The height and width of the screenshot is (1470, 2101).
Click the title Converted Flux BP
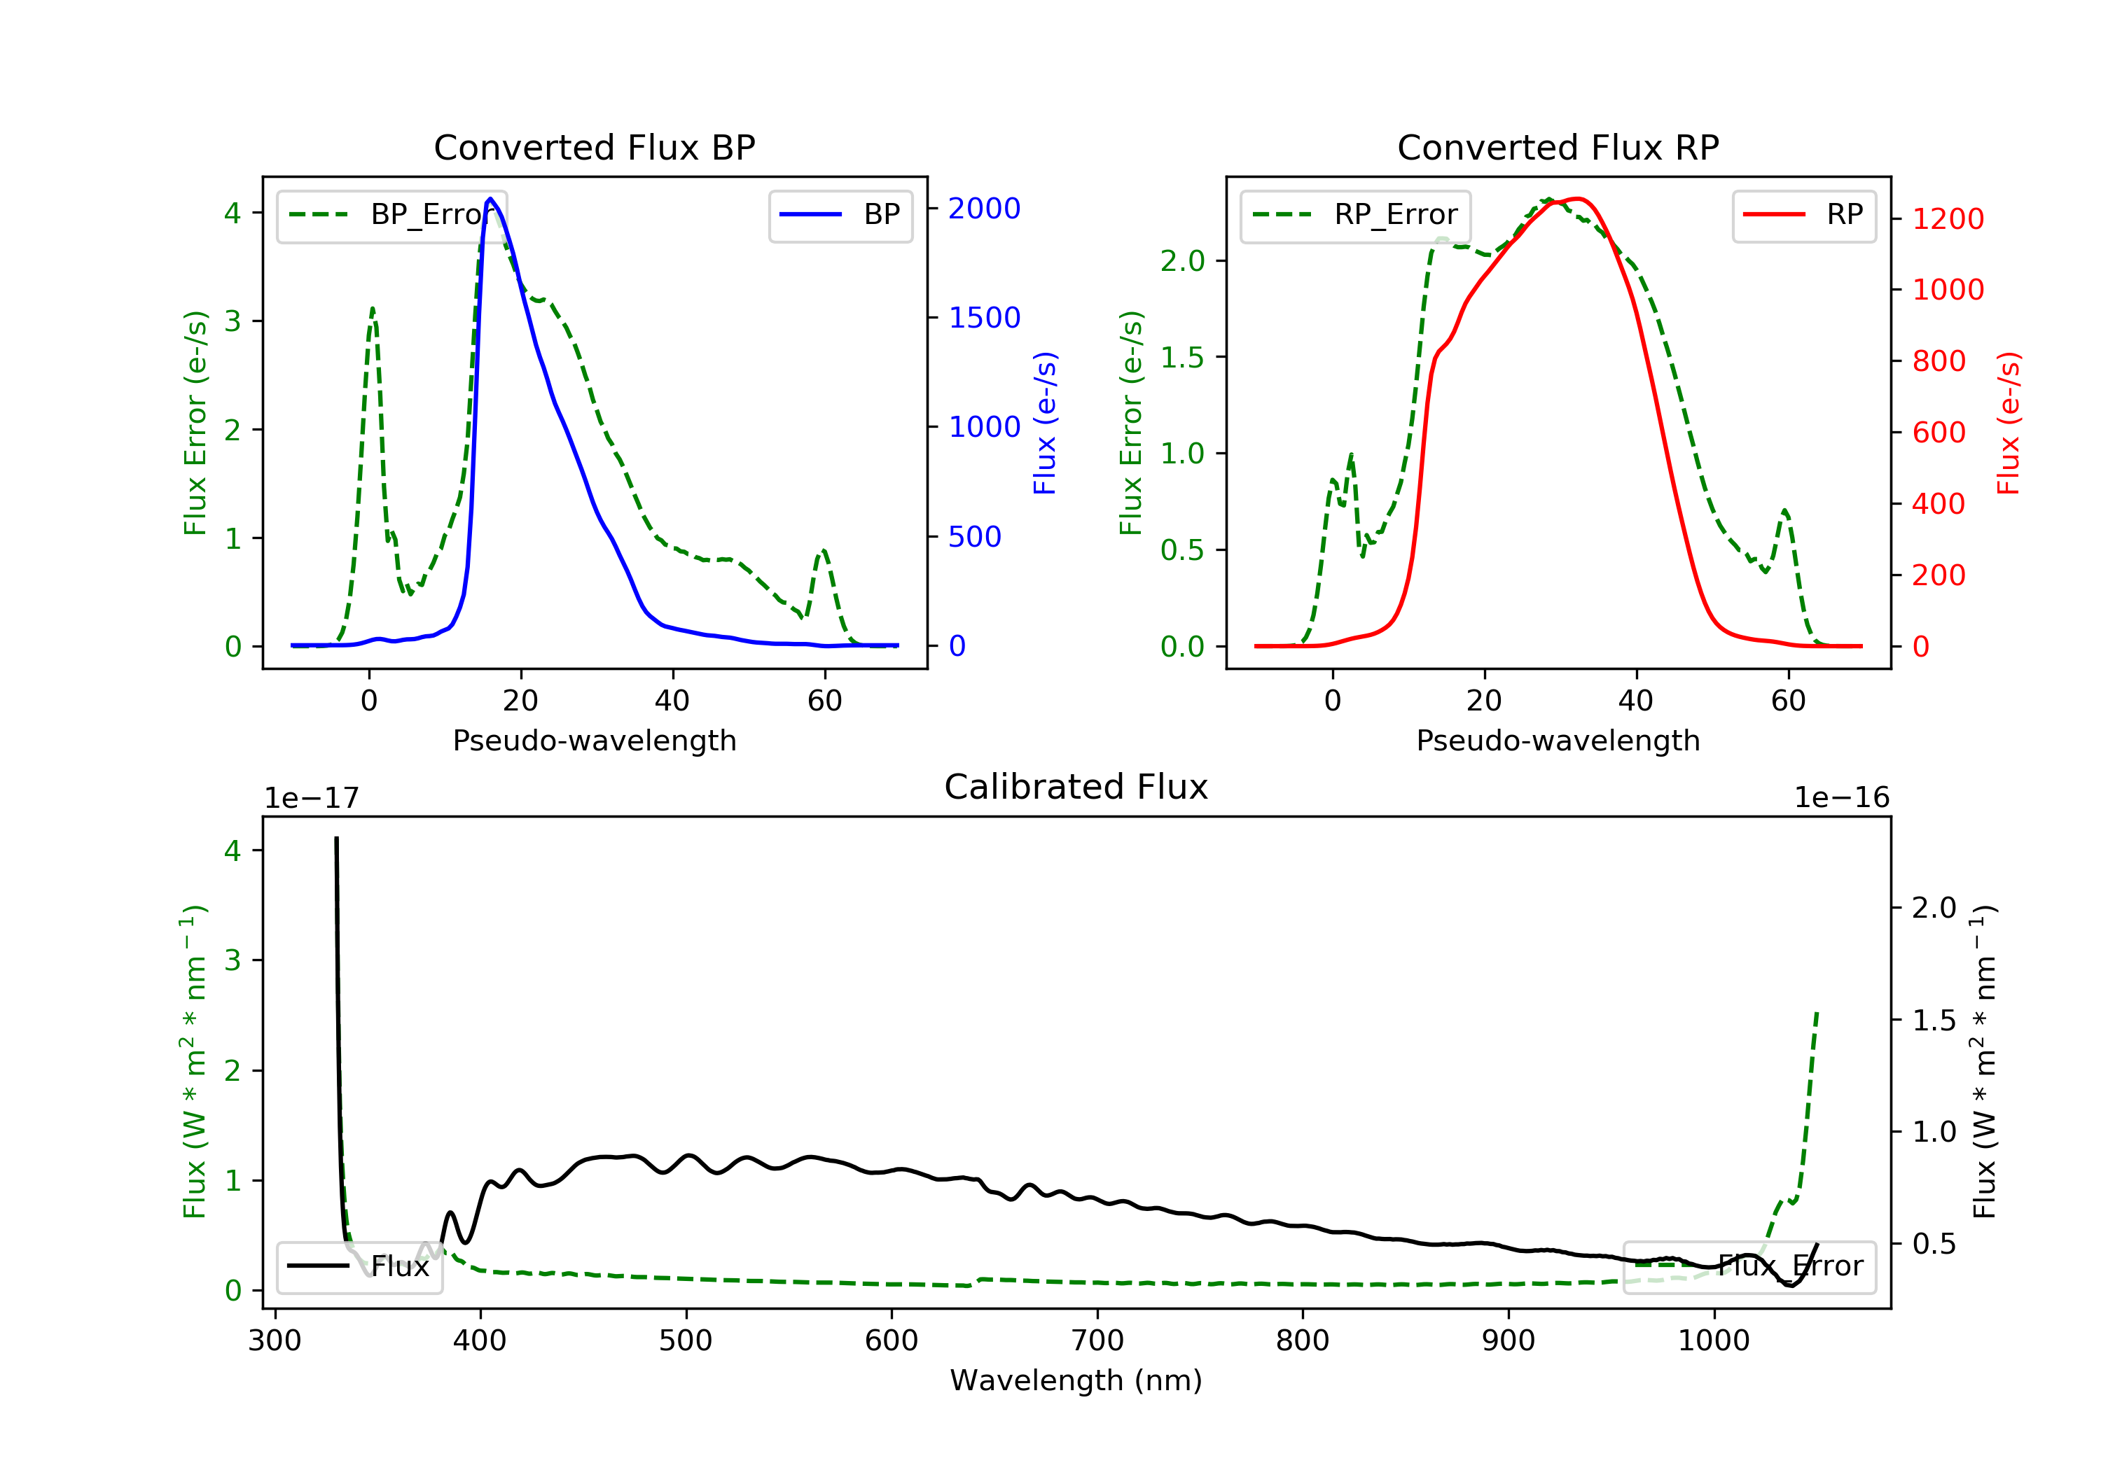pyautogui.click(x=594, y=147)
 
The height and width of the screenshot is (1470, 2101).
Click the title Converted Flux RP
pyautogui.click(x=1558, y=147)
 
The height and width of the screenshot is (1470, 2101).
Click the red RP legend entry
pyautogui.click(x=1803, y=215)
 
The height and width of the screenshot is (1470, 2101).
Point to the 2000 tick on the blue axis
pyautogui.click(x=984, y=209)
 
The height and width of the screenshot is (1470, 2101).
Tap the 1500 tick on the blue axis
pyautogui.click(x=984, y=317)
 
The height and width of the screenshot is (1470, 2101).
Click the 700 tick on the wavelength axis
pyautogui.click(x=1096, y=1341)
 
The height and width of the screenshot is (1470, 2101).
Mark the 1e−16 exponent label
pyautogui.click(x=1841, y=798)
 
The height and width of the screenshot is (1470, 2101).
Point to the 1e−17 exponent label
pyautogui.click(x=311, y=798)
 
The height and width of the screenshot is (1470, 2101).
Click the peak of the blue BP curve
pyautogui.click(x=490, y=199)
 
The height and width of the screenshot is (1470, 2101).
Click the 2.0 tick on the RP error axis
pyautogui.click(x=1182, y=260)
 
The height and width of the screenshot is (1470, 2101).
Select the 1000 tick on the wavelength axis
pyautogui.click(x=1713, y=1341)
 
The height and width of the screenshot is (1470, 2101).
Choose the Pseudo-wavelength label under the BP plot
pyautogui.click(x=594, y=740)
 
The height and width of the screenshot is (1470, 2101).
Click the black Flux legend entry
pyautogui.click(x=360, y=1266)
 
